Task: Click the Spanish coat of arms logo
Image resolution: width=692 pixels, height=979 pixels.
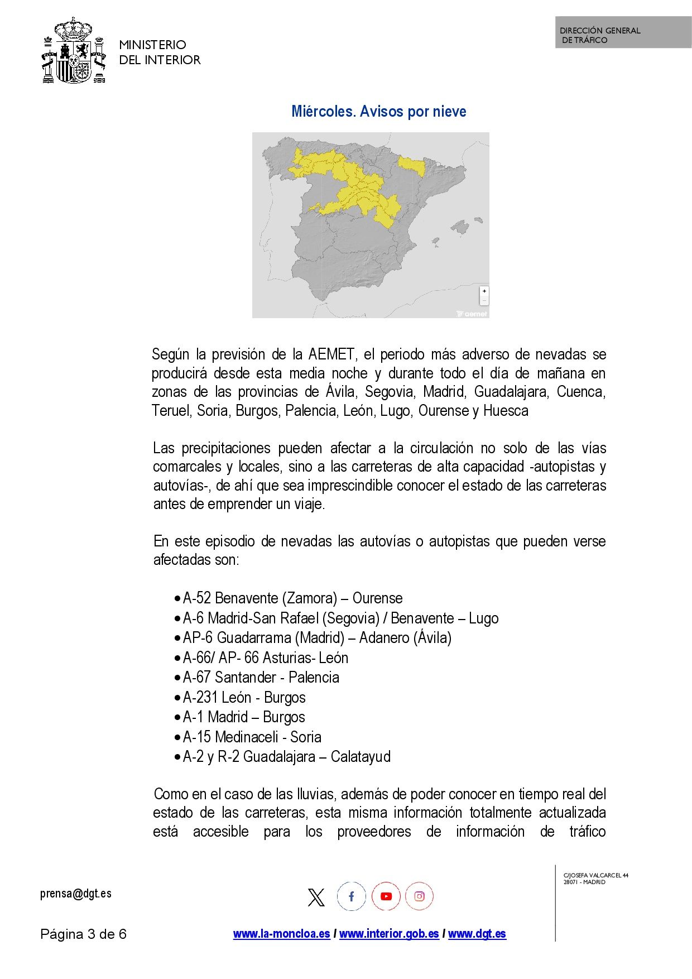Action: click(x=74, y=51)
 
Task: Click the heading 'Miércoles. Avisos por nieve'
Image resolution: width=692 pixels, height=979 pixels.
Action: click(x=378, y=112)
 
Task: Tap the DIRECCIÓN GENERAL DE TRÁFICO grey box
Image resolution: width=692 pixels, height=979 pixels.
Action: click(x=623, y=32)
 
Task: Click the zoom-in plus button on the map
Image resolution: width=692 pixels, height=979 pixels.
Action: click(x=484, y=291)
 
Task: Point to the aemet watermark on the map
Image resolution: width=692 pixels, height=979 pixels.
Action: click(x=472, y=314)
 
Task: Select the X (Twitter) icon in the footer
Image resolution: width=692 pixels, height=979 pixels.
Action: click(x=316, y=897)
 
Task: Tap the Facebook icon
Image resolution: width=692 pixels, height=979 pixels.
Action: click(x=351, y=896)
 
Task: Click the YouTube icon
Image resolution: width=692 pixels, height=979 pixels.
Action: click(x=386, y=896)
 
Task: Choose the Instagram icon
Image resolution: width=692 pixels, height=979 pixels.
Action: click(x=419, y=896)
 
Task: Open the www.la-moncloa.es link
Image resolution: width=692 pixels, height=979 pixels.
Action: click(x=281, y=934)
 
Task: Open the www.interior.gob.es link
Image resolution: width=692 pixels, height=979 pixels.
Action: click(x=389, y=934)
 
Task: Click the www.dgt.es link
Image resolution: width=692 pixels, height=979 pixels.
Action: click(x=477, y=934)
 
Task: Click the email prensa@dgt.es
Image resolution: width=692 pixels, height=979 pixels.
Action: click(x=76, y=894)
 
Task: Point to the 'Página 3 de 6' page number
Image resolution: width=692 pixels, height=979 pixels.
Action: click(x=83, y=934)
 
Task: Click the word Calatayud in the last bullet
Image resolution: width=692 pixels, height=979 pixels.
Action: click(x=361, y=757)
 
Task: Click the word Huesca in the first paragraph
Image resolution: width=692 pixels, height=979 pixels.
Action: click(x=506, y=411)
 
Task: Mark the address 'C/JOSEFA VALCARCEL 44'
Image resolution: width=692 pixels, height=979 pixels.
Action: click(x=595, y=875)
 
